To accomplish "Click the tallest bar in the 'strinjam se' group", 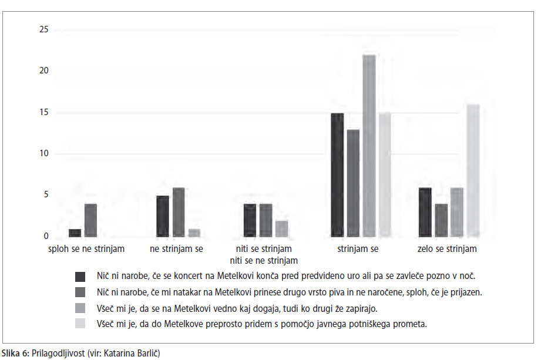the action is pos(369,146).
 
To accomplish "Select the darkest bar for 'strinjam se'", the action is pos(337,174).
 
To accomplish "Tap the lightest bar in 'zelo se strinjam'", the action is pos(473,170).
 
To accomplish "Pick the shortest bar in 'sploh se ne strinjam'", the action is pos(75,233).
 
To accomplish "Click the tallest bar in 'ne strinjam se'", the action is pos(178,212).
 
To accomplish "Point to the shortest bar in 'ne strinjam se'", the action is pos(194,233).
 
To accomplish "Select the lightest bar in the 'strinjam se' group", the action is pos(385,174).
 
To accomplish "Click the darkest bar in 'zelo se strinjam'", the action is pos(425,212).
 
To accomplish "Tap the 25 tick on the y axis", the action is pos(44,29).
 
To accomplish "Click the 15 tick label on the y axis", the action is pos(44,112).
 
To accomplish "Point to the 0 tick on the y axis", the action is pos(46,236).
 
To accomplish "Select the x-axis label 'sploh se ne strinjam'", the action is pos(86,248).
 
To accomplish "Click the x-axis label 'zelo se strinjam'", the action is pos(447,248).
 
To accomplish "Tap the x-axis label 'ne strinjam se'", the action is pos(176,248).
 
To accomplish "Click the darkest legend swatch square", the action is pos(80,277).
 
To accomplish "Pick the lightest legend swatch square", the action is pos(80,323).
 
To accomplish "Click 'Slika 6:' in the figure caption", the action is pos(15,352).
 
